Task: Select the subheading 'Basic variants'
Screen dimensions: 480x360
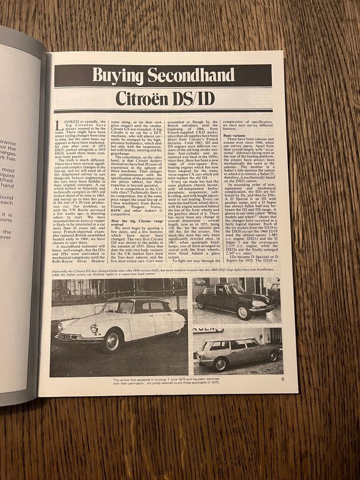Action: tap(231, 137)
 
